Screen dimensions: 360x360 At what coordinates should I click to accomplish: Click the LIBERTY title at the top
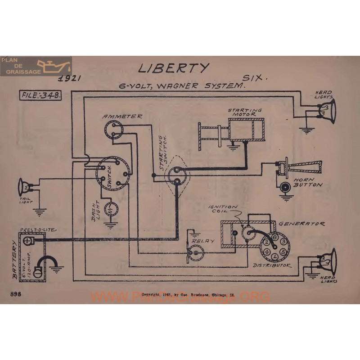[x=173, y=68]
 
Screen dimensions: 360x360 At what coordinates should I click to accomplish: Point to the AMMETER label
[x=122, y=116]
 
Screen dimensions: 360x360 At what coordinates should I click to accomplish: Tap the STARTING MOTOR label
[x=245, y=112]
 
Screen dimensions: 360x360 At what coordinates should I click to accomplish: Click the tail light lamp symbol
[x=23, y=184]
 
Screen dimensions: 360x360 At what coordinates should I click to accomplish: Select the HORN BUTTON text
[x=309, y=181]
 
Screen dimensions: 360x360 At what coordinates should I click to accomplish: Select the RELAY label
[x=203, y=241]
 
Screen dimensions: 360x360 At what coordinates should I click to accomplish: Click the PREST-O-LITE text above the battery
[x=38, y=230]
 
